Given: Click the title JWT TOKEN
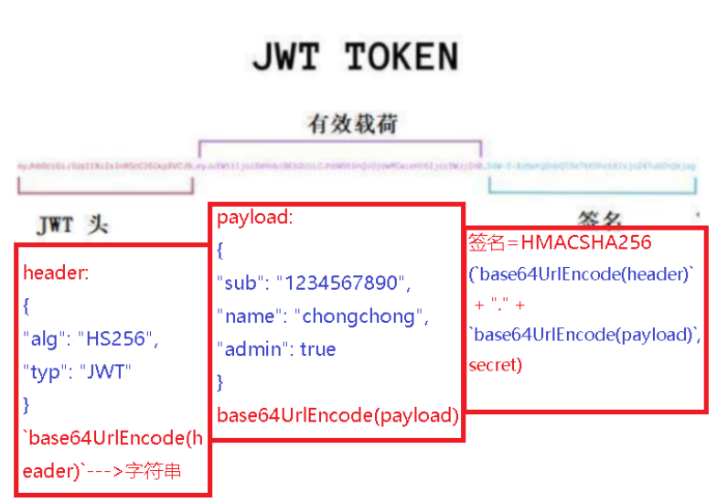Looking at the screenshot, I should click(355, 57).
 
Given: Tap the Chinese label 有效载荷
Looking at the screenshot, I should click(353, 124).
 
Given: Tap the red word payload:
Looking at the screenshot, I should click(255, 219).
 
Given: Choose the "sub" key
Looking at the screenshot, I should click(241, 284).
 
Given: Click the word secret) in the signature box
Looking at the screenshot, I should click(495, 365).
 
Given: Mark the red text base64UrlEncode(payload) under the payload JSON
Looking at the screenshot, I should click(337, 415).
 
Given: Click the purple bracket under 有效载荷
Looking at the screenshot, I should click(339, 144).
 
